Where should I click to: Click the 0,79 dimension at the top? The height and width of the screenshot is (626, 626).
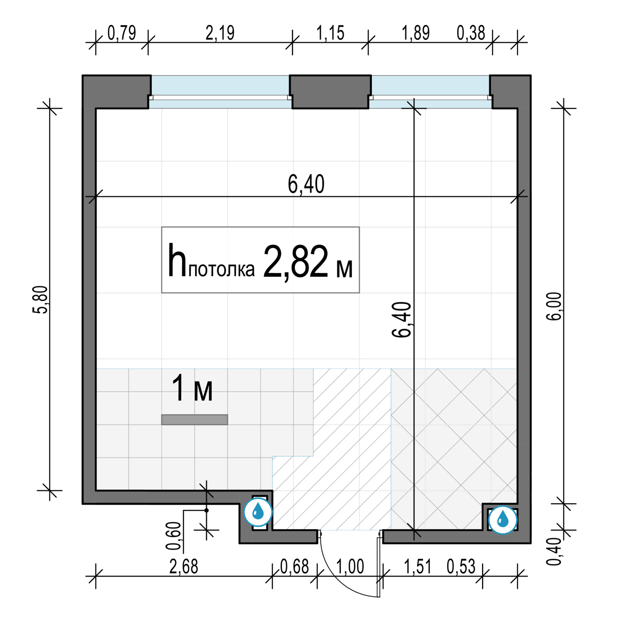tap(121, 33)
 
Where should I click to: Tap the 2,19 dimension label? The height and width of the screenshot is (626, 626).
tap(220, 33)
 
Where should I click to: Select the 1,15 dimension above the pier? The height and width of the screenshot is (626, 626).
tap(330, 33)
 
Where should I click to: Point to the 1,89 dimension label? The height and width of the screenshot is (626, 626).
tap(416, 33)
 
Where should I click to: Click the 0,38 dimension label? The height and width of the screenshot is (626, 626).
tap(471, 33)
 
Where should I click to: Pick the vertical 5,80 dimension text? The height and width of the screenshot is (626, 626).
tap(40, 300)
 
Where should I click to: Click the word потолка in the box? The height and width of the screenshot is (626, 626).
tap(222, 269)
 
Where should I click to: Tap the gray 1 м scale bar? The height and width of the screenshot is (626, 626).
tap(195, 420)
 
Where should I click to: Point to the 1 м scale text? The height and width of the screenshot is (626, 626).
tap(192, 388)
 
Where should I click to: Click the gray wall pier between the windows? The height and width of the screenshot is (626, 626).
tap(330, 92)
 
